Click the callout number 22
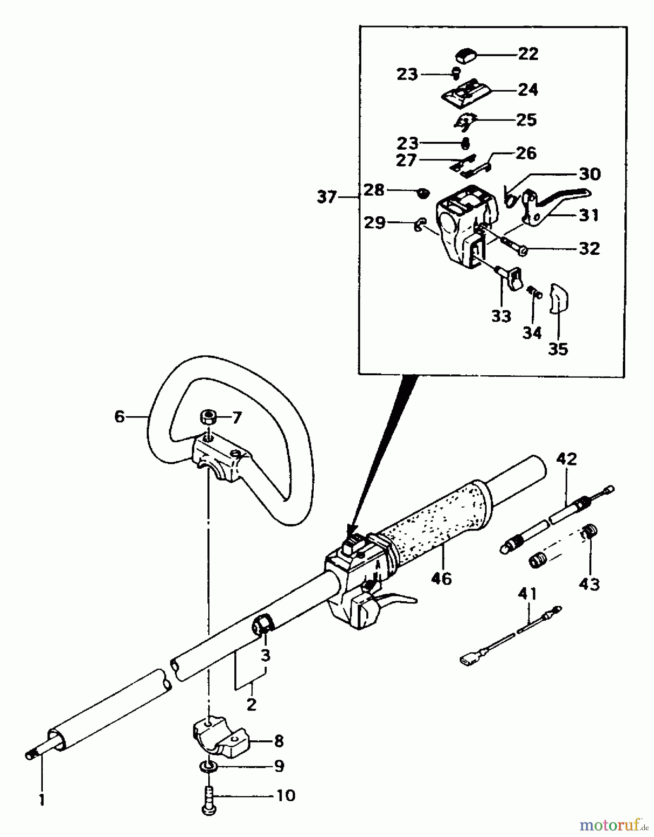[528, 54]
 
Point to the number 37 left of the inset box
[327, 197]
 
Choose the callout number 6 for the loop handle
[120, 417]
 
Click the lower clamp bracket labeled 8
[218, 739]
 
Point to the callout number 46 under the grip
[441, 578]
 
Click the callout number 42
[567, 459]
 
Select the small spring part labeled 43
[589, 531]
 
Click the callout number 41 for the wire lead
[528, 594]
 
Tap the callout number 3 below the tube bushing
[265, 656]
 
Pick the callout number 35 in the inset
[558, 349]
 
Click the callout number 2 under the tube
[251, 704]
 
